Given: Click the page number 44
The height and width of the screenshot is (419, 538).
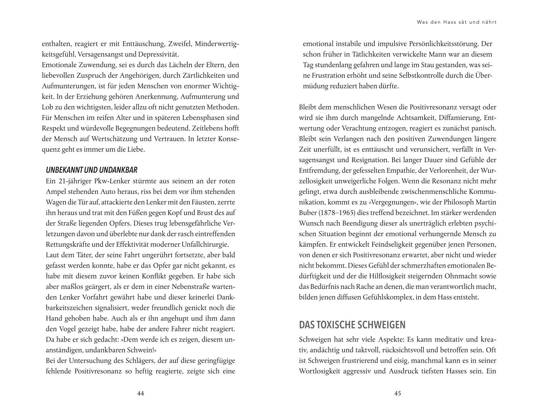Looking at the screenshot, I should tap(141, 393).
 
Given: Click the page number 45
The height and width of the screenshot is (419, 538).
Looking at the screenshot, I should tap(397, 393).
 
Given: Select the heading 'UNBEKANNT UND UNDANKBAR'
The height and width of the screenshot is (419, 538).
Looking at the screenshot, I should tap(91, 170).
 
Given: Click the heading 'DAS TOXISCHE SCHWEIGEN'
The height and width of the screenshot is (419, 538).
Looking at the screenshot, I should tap(352, 325).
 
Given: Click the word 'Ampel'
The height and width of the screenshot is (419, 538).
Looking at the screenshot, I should tap(55, 192).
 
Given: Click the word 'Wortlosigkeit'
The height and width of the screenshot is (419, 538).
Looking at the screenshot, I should tap(319, 371).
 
